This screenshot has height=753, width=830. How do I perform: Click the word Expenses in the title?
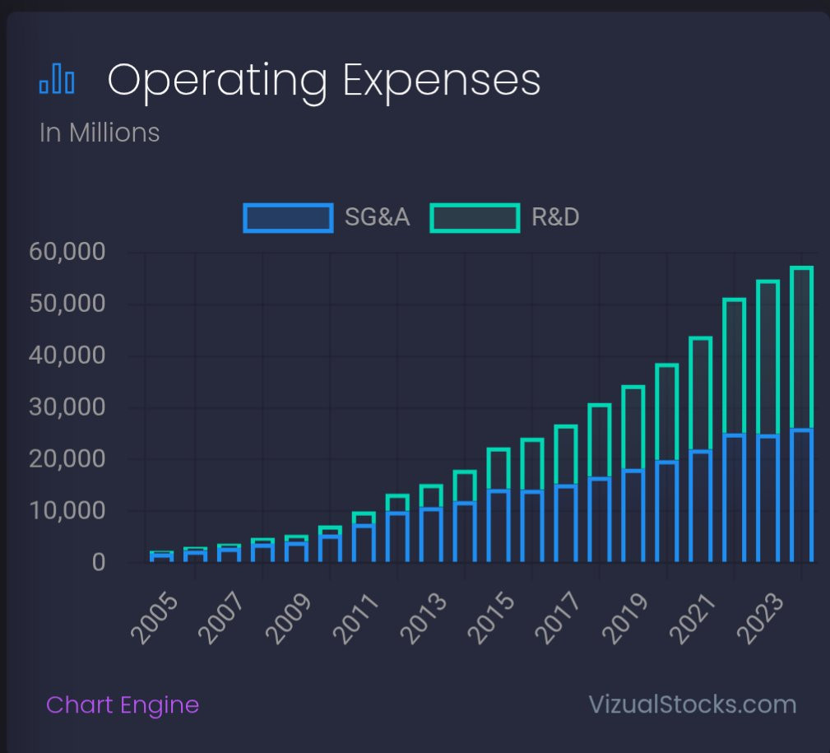tap(442, 81)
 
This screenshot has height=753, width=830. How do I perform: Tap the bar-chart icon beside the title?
tap(57, 81)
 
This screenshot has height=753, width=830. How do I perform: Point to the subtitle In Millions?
tap(100, 132)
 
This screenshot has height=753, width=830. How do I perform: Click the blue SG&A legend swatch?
tap(288, 218)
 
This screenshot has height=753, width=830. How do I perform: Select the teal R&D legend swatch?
tap(475, 218)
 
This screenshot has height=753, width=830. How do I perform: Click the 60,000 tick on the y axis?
tap(67, 253)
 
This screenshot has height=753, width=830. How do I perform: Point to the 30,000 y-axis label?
tap(67, 407)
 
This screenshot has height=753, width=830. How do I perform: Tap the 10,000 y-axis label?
tap(67, 511)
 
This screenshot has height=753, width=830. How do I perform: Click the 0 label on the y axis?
tap(99, 563)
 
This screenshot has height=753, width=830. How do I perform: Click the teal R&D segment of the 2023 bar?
tap(801, 346)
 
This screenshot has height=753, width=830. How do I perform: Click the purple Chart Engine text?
tap(123, 705)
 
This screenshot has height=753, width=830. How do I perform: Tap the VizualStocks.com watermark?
tap(693, 705)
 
